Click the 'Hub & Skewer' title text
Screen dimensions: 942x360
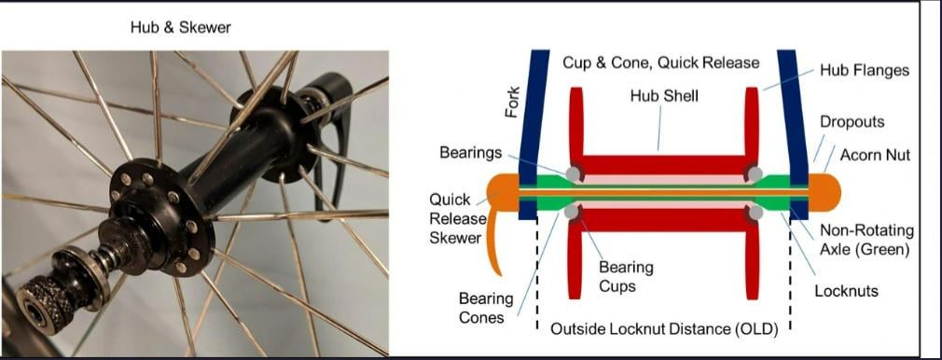(181, 28)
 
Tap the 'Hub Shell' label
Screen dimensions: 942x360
(664, 95)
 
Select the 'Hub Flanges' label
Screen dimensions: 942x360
(865, 70)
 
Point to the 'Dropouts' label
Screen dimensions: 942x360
(852, 121)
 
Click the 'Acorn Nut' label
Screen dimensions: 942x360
(875, 155)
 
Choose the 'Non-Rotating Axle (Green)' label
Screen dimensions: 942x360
(866, 239)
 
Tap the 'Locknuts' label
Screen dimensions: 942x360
(847, 292)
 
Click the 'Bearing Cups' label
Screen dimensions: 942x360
(626, 276)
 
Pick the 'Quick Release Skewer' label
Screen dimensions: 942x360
(455, 218)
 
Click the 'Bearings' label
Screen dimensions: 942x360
(470, 153)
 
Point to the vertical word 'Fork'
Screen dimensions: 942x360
(512, 104)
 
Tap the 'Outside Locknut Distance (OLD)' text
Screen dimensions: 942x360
(664, 329)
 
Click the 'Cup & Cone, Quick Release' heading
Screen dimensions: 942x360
(661, 62)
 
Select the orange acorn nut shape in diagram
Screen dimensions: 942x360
(824, 193)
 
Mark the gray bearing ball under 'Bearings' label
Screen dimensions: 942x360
(574, 173)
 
